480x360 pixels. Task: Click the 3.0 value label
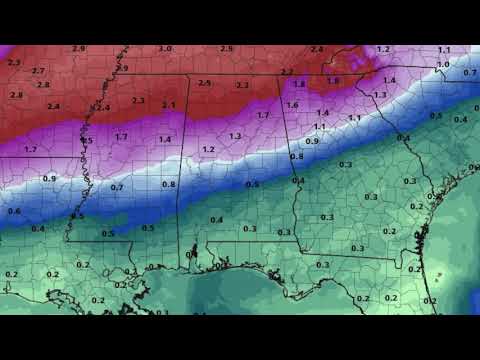(165, 49)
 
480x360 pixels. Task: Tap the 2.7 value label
(39, 71)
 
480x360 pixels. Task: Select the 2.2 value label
(242, 85)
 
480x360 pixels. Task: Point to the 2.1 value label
(169, 105)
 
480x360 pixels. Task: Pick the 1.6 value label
(292, 105)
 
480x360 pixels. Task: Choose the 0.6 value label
(14, 211)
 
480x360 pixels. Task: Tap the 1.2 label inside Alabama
(208, 149)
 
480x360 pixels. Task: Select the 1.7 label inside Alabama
(263, 115)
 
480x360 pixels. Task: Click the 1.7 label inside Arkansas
(30, 149)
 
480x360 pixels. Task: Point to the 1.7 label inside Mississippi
(121, 136)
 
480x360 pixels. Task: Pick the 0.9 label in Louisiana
(49, 178)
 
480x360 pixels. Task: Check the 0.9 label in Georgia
(312, 141)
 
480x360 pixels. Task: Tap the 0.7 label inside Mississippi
(117, 187)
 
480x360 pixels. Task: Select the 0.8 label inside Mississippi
(168, 184)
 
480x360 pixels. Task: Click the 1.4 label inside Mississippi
(164, 139)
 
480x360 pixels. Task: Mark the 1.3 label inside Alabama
(235, 135)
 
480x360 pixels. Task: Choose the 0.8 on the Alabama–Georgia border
(297, 157)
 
